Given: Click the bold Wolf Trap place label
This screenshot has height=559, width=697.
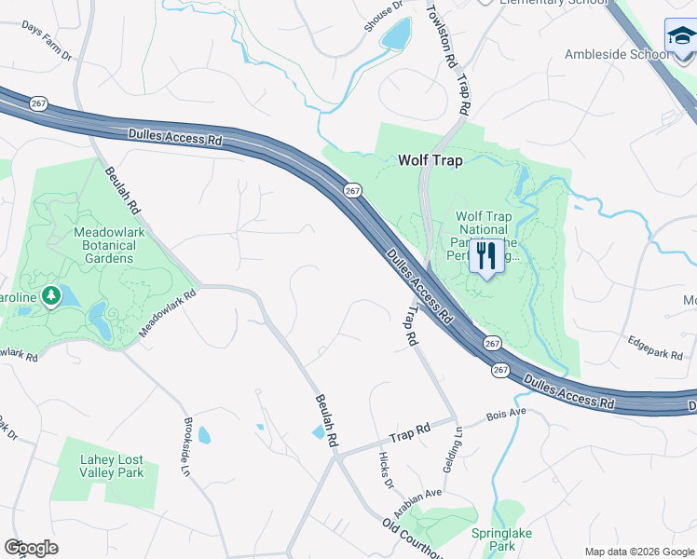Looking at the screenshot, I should [430, 160].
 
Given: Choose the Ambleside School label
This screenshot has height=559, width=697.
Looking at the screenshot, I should [616, 54].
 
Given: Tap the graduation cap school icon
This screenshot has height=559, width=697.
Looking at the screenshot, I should [680, 37].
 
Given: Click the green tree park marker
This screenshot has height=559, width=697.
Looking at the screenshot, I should [52, 296].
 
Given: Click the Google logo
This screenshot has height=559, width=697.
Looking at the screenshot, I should [31, 548].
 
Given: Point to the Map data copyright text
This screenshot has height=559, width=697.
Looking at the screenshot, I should [639, 552].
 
